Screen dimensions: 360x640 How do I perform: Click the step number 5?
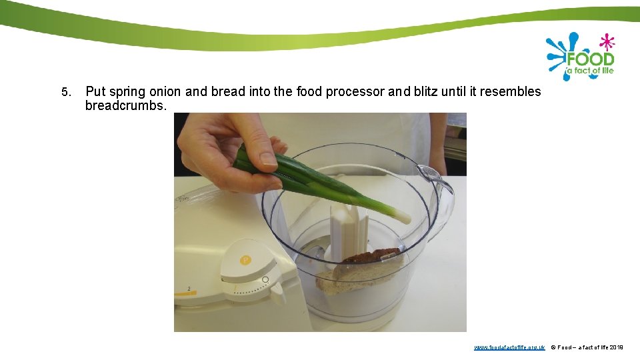(65, 92)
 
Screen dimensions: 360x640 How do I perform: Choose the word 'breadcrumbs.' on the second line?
(126, 106)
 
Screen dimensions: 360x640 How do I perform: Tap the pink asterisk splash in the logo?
(606, 42)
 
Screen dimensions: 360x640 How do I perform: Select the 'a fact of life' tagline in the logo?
(589, 71)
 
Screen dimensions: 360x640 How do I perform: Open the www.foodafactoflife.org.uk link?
(509, 347)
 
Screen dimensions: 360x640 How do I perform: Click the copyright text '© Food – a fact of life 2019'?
(587, 347)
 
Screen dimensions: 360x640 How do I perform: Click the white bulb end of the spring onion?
(401, 215)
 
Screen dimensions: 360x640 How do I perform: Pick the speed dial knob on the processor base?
(276, 291)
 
